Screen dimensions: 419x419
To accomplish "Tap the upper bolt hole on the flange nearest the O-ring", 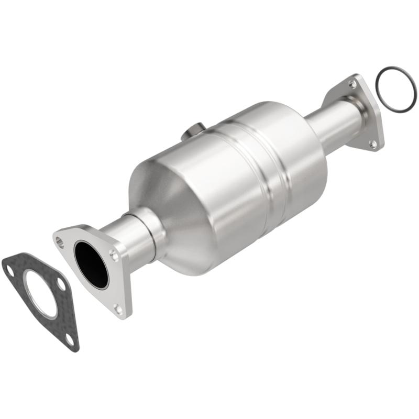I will (352, 83).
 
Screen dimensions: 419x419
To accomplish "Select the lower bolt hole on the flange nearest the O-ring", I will (372, 142).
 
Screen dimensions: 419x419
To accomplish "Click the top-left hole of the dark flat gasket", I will (8, 269).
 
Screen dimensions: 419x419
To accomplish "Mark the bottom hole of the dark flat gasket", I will (69, 339).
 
